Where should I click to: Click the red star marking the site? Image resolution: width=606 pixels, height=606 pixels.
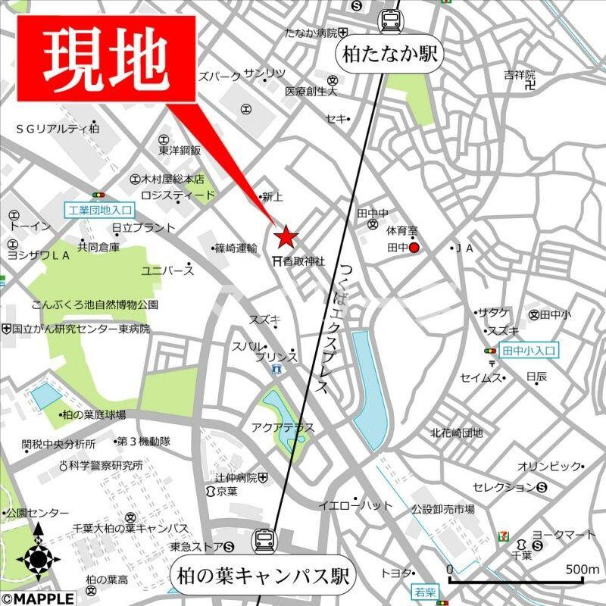[286, 238]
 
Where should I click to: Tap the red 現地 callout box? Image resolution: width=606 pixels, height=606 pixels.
[105, 58]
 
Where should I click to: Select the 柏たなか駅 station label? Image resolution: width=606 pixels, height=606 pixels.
[390, 55]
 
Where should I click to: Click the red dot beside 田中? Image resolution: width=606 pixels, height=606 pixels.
[414, 247]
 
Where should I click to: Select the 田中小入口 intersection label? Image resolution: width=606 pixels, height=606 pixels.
[529, 351]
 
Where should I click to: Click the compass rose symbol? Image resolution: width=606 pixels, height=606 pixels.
[38, 559]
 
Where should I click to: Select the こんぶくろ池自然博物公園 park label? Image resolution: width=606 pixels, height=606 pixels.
[95, 305]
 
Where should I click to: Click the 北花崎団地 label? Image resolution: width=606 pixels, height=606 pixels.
[457, 433]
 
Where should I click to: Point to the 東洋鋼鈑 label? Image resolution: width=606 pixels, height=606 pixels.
[180, 150]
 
